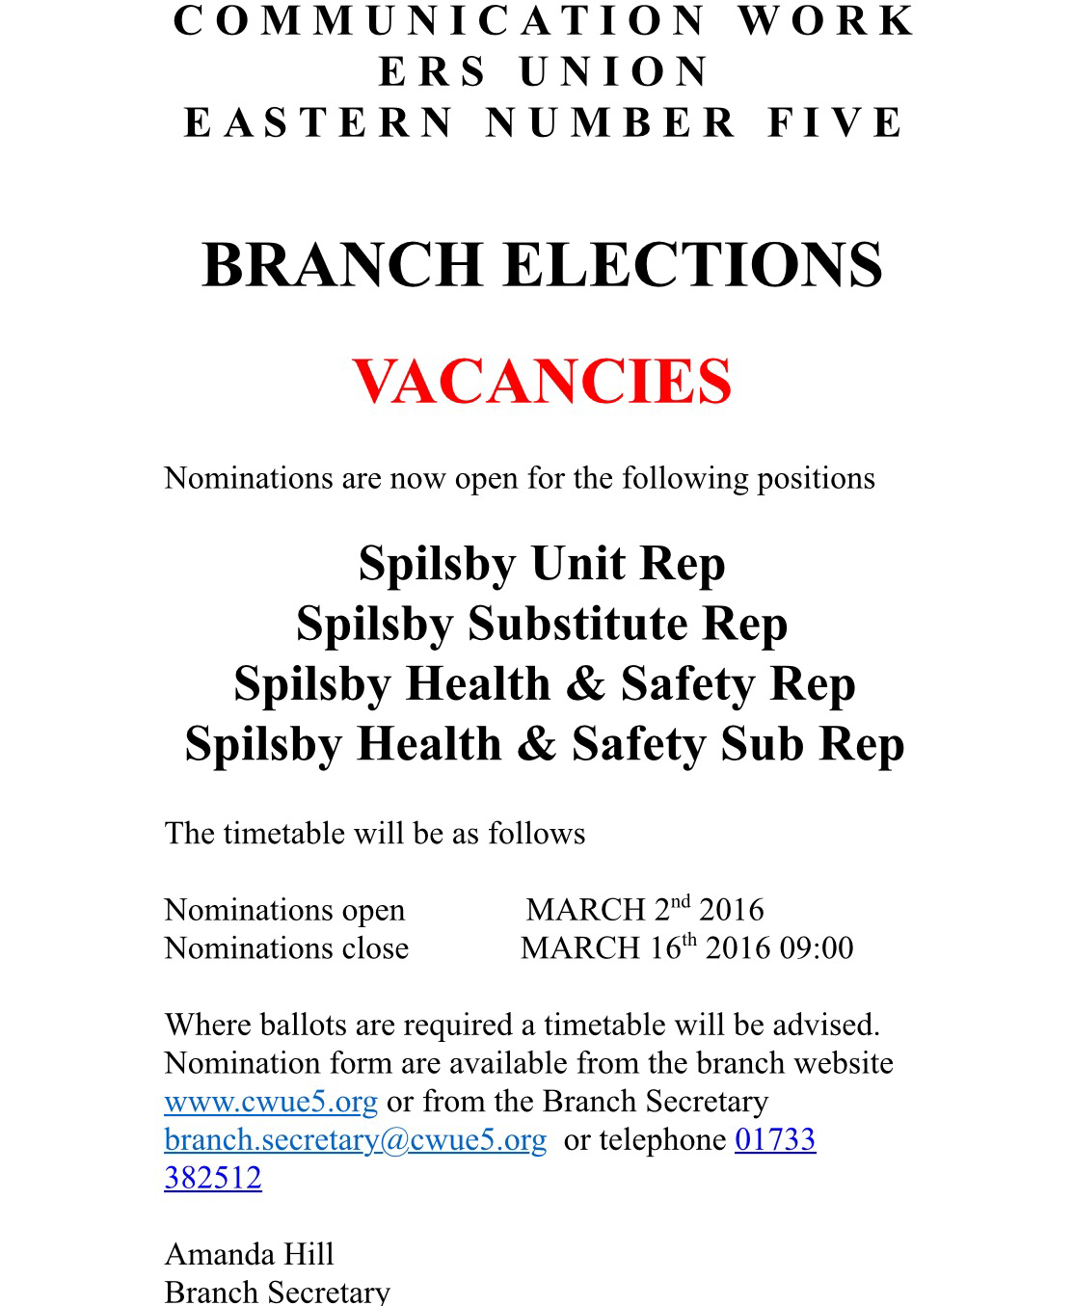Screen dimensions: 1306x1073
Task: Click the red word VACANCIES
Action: click(x=542, y=381)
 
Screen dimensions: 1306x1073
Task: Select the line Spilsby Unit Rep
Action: click(x=542, y=563)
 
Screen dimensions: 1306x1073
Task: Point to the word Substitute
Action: click(x=576, y=623)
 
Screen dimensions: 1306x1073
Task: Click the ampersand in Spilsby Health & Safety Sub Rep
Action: click(x=535, y=743)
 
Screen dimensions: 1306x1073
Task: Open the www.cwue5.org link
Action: click(x=271, y=1102)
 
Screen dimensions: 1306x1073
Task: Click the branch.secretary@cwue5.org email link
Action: click(x=356, y=1140)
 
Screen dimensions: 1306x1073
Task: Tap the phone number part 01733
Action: click(x=775, y=1140)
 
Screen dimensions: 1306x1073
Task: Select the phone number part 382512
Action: click(x=213, y=1178)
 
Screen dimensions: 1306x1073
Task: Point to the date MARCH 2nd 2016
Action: click(x=645, y=910)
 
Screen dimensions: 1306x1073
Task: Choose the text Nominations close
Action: click(x=286, y=948)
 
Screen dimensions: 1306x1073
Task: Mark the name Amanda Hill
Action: click(x=250, y=1254)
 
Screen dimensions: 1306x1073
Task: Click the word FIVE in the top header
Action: click(x=836, y=123)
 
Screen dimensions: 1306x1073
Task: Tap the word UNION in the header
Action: click(x=614, y=72)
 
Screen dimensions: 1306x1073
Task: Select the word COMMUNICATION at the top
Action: click(x=440, y=21)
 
